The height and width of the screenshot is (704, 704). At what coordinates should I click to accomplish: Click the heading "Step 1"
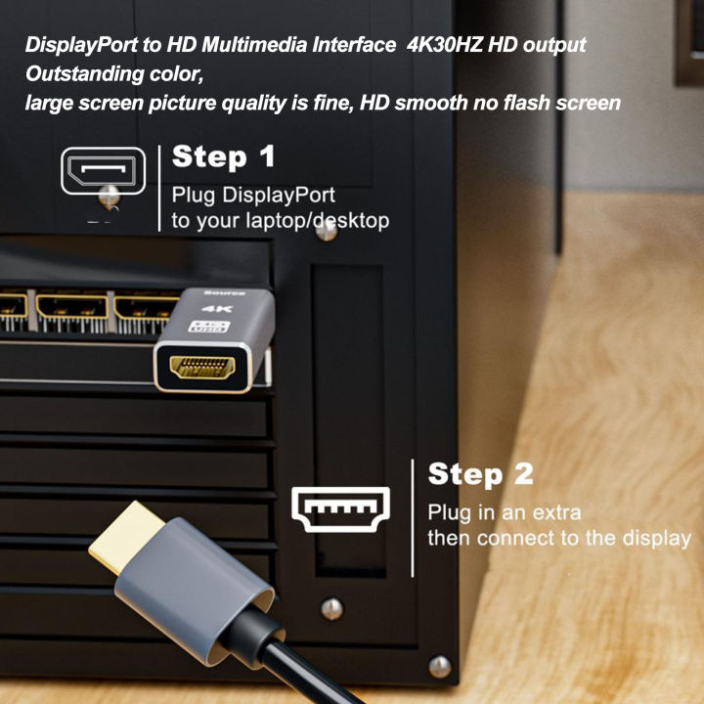(x=224, y=157)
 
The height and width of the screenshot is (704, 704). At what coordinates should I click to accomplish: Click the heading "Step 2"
(x=481, y=475)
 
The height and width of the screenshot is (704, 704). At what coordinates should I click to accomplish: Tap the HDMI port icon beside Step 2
(x=341, y=509)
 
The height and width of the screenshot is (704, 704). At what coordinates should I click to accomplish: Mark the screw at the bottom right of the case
(x=440, y=667)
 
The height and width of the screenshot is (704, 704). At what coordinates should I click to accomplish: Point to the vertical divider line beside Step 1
(x=159, y=188)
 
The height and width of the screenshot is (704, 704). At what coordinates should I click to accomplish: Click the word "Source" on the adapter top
(x=217, y=292)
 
